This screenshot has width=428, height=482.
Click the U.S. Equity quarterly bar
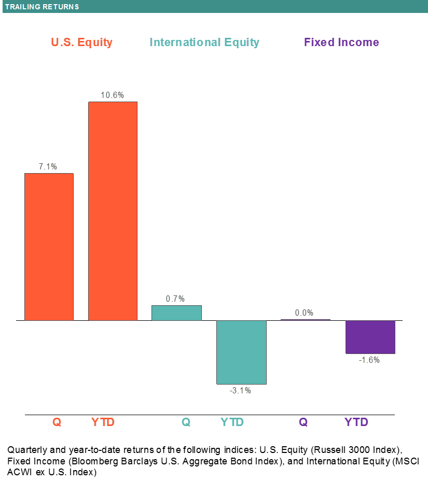[49, 247]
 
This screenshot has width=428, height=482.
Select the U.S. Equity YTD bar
[113, 211]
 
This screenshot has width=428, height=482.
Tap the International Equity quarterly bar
[176, 313]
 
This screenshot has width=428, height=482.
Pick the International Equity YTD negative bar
[241, 352]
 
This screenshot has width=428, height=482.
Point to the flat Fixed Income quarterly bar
[305, 320]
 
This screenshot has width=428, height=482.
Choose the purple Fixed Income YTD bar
[370, 337]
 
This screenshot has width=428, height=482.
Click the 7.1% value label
[48, 166]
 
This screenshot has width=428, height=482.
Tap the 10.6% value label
[113, 95]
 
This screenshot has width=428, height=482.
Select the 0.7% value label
[175, 299]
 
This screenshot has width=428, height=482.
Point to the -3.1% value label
[240, 390]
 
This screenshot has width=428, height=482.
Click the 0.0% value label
[304, 313]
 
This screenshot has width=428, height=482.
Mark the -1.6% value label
[369, 360]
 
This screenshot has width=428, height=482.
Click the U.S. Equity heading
[81, 42]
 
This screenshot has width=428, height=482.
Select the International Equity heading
[204, 42]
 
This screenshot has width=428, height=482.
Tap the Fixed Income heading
[341, 42]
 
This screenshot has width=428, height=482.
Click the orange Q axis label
[57, 422]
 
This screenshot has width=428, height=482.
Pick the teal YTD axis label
[232, 422]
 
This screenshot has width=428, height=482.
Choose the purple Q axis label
[303, 422]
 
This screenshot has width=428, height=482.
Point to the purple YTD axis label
[356, 422]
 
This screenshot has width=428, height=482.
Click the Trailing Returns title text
[42, 7]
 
